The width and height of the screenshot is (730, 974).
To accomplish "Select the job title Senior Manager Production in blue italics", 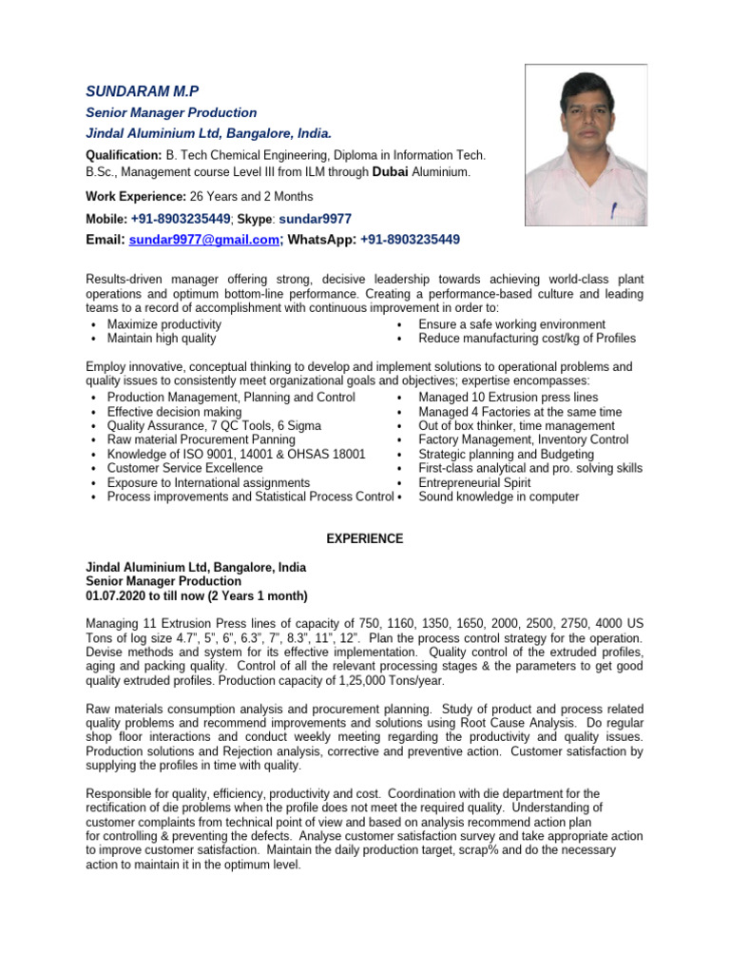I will [171, 112].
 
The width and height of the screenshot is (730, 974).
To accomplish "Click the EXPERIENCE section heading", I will [365, 538].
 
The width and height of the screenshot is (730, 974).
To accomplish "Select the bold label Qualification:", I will [124, 154].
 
